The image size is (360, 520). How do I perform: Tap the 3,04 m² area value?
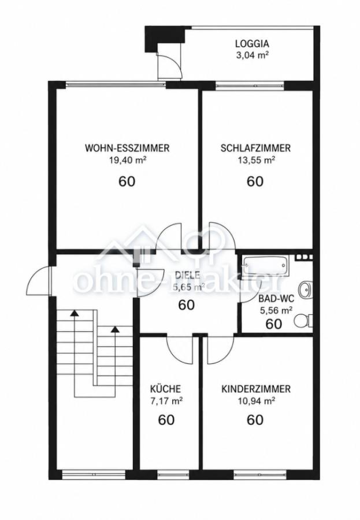pos(252,55)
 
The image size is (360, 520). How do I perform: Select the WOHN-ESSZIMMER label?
pos(127,148)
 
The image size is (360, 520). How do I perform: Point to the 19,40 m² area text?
pos(127,160)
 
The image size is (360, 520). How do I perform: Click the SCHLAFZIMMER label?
pos(255,148)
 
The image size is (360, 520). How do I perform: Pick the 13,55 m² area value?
pos(255,160)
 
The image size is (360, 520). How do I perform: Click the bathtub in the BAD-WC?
pos(265,265)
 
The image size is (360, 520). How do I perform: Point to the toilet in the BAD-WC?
pos(303,321)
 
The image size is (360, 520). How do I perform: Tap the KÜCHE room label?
pos(166,389)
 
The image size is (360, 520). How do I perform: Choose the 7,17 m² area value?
pos(166,402)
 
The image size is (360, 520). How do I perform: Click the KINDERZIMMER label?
pos(256,389)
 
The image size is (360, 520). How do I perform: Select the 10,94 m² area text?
pos(256,402)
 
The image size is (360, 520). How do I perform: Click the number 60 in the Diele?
pos(187,304)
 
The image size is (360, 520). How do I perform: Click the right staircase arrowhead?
pos(115,329)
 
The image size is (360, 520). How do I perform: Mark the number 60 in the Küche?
pos(166,420)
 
